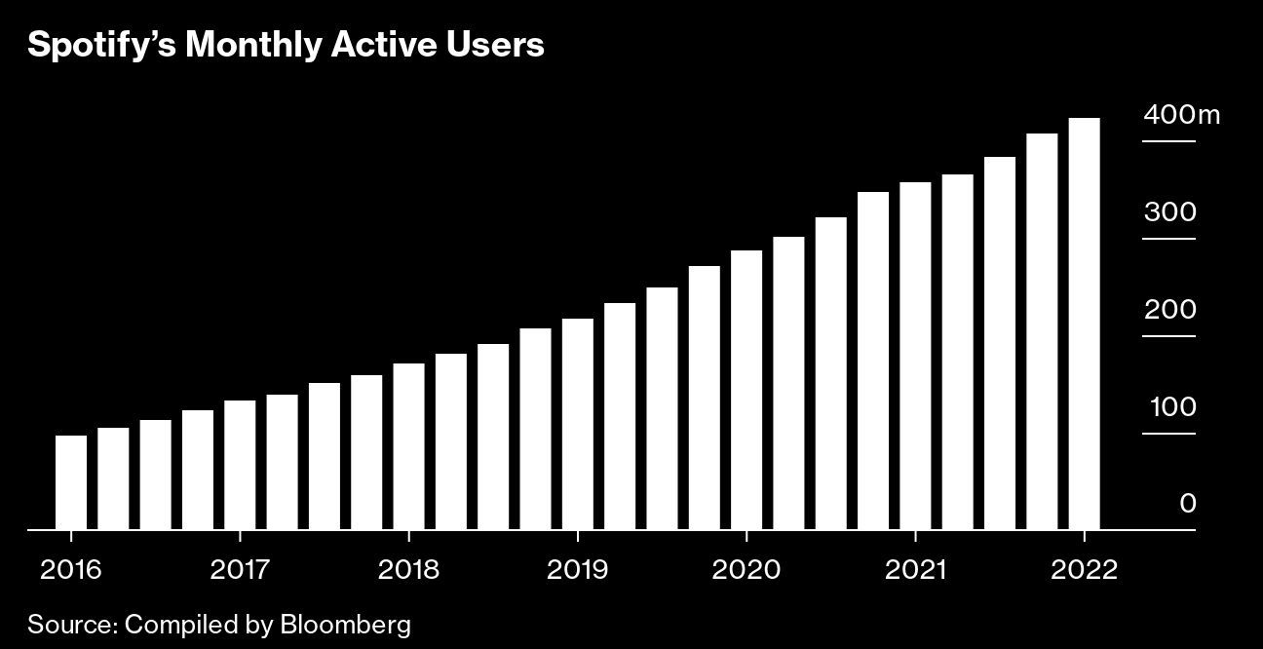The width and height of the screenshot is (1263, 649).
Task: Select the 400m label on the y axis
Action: click(1181, 115)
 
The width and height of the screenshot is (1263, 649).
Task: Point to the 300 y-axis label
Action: click(1169, 212)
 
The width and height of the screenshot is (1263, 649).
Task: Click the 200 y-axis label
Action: click(1169, 310)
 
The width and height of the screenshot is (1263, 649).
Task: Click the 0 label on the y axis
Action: click(1187, 504)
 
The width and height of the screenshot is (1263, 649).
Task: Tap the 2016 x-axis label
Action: click(70, 569)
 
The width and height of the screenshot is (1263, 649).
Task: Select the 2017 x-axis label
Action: click(240, 569)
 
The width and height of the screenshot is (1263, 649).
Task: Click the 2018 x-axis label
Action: click(408, 569)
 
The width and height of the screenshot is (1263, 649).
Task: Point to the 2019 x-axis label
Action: click(578, 569)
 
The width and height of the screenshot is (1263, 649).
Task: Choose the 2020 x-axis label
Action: click(746, 569)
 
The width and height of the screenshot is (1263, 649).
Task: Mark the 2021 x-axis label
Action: click(915, 569)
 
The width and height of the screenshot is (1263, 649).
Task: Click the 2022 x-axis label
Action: click(1084, 569)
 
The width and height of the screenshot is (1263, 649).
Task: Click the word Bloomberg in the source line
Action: click(346, 625)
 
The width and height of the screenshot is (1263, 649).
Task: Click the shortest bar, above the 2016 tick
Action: click(70, 482)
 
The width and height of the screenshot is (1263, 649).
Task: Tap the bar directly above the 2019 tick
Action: click(578, 425)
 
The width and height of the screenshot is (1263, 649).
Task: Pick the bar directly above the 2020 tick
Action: click(746, 390)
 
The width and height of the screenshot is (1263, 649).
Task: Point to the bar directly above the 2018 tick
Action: click(408, 446)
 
